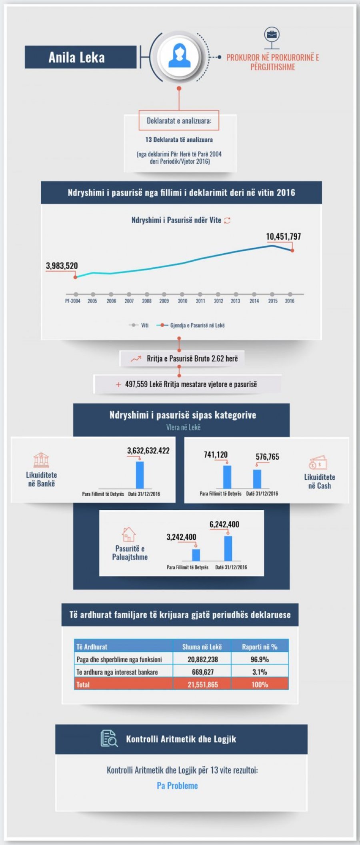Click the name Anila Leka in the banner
(76, 58)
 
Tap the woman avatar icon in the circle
(178, 56)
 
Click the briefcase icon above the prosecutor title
(272, 34)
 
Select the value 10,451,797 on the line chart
(283, 236)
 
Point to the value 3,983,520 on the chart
(62, 266)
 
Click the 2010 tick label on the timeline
(182, 301)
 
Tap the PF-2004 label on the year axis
(73, 301)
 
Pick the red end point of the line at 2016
(292, 250)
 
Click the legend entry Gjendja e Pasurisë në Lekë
(197, 325)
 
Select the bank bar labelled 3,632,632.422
(140, 475)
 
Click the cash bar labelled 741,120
(227, 477)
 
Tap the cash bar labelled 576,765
(257, 479)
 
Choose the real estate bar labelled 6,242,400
(228, 548)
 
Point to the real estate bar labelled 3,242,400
(196, 555)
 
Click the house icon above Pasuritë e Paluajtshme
(128, 534)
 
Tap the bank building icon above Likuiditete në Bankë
(41, 460)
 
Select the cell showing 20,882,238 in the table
(202, 659)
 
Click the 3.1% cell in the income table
(260, 672)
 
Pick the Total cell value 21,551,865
(202, 685)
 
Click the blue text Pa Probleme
(177, 785)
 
